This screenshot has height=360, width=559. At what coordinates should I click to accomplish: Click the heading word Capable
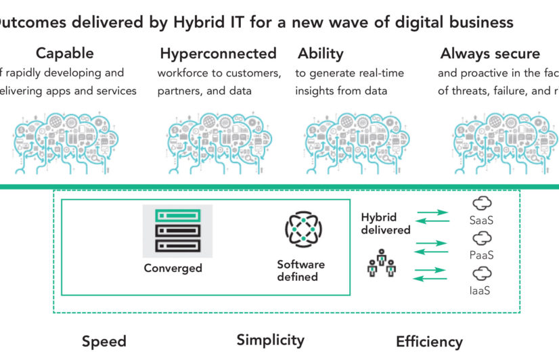(65, 53)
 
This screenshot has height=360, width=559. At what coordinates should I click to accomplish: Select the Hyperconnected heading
(218, 53)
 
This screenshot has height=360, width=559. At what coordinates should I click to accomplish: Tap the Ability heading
(321, 53)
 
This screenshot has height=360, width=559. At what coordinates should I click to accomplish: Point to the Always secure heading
(490, 53)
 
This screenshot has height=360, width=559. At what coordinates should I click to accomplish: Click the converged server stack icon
(177, 231)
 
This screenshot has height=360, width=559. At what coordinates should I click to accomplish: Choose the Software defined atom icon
(303, 229)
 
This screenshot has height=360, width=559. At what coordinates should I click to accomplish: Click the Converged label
(173, 268)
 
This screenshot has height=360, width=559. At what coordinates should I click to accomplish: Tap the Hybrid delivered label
(385, 224)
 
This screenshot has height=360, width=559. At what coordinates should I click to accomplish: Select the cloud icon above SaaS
(482, 203)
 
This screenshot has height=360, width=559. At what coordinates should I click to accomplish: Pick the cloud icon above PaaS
(482, 238)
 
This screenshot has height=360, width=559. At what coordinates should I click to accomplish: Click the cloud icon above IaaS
(482, 273)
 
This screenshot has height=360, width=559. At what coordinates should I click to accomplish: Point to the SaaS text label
(482, 220)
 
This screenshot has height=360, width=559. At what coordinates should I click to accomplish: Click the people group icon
(381, 263)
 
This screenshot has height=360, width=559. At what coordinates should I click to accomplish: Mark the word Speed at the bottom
(104, 342)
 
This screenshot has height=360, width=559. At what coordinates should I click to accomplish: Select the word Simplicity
(271, 340)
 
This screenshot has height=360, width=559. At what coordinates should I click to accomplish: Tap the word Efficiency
(429, 342)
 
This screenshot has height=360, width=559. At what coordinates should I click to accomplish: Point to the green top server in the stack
(177, 216)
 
